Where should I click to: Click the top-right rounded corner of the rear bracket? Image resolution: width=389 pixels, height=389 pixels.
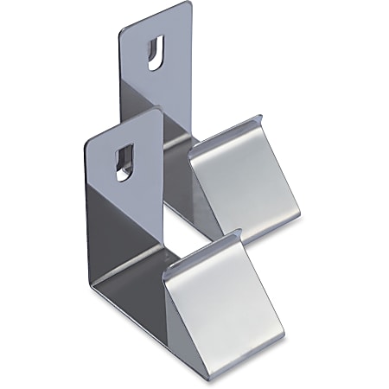coord(185,7)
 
